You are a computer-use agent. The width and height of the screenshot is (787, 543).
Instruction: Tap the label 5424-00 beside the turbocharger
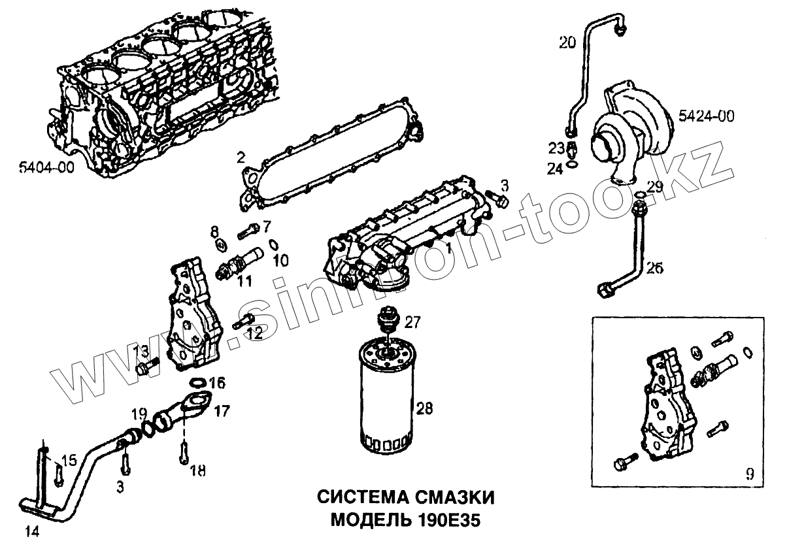[706, 117]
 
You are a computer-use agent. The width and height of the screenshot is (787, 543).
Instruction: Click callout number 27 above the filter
[412, 322]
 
